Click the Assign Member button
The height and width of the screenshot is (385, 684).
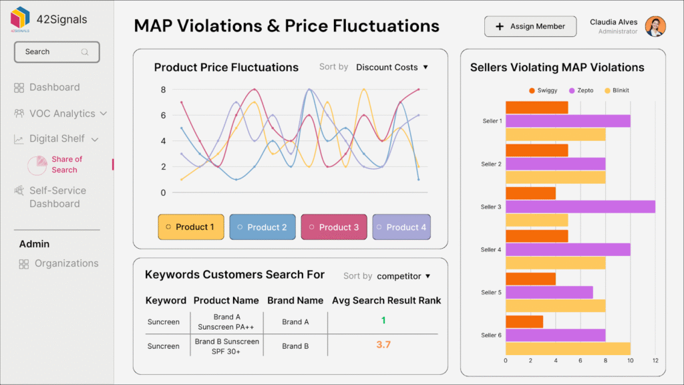[530, 27]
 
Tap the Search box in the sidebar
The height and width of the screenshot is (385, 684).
[57, 51]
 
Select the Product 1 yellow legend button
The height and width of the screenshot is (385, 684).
[190, 227]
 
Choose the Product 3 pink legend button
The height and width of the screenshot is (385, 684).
[333, 227]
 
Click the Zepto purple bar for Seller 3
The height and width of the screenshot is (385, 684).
[580, 207]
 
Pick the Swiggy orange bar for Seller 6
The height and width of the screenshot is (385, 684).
[524, 322]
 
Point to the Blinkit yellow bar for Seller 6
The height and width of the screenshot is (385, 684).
[567, 349]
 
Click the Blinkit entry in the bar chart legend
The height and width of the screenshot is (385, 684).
[616, 90]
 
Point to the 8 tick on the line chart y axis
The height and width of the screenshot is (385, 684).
[163, 90]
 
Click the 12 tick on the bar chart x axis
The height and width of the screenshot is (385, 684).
[655, 361]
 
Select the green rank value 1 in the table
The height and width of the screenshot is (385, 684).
[383, 321]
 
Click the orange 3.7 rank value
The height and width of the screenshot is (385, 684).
[383, 345]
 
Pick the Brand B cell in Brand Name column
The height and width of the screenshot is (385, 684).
[295, 346]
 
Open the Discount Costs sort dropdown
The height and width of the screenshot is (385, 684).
[391, 68]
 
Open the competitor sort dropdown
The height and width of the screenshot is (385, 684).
[403, 276]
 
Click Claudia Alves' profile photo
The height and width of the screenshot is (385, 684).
[655, 27]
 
